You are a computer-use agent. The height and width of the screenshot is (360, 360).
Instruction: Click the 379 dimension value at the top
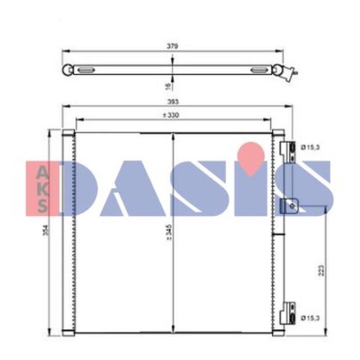click(173, 46)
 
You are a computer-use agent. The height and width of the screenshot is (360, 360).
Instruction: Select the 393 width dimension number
click(173, 102)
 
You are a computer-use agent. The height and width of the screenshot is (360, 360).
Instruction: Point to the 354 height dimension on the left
click(45, 230)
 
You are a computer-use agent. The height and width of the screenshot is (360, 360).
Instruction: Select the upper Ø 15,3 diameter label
click(310, 148)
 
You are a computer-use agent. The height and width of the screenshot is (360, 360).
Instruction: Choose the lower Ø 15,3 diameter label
click(310, 318)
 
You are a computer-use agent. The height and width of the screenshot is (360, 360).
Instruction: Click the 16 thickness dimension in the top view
click(168, 86)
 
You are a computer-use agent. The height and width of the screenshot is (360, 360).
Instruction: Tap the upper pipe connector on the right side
click(288, 152)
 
